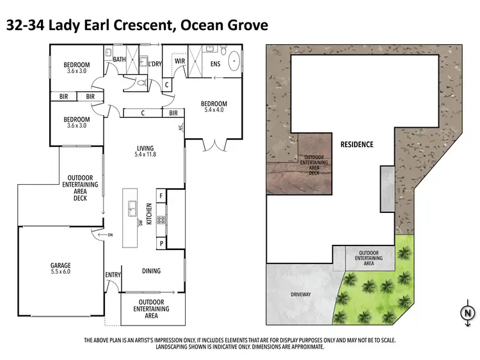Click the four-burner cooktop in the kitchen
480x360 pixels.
click(x=160, y=220)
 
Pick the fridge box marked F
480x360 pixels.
click(x=161, y=196)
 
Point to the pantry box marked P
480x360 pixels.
click(x=161, y=244)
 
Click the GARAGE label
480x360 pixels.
click(x=61, y=265)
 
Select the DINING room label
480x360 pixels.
click(x=151, y=271)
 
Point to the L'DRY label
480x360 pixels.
click(x=154, y=64)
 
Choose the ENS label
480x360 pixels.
click(x=215, y=64)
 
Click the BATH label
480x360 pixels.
click(x=120, y=60)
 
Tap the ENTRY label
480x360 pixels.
click(x=113, y=276)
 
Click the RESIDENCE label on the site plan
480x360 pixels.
click(x=356, y=145)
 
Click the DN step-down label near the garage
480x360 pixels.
click(x=109, y=235)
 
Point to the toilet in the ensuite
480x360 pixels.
click(x=223, y=49)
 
